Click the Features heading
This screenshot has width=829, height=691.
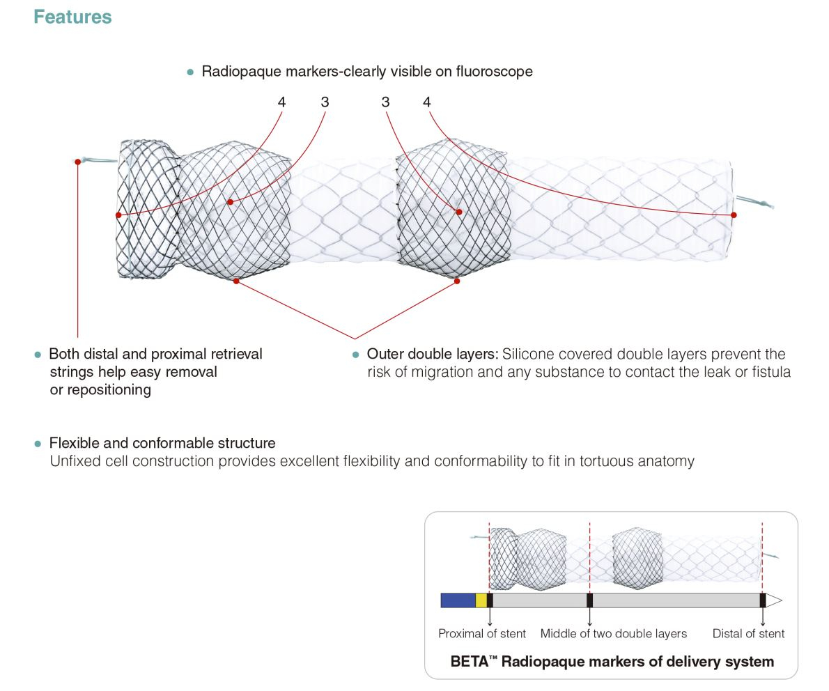point(72,17)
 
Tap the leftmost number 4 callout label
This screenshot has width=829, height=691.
point(281,102)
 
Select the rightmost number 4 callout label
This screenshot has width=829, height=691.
point(426,102)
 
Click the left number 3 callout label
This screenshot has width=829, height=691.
point(325,102)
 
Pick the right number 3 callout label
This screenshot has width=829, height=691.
point(385,102)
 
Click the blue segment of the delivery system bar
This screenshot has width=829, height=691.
point(458,600)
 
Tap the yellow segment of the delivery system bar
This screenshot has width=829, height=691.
point(481,600)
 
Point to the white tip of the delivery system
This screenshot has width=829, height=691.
point(774,600)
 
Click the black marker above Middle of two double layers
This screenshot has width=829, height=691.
point(590,600)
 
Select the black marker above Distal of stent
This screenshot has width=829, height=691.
point(763,600)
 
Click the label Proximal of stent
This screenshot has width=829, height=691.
point(481,634)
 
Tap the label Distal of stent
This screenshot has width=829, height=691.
point(748,634)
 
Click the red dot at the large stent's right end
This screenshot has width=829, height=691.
point(734,215)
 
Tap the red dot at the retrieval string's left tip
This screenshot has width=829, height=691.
point(77,162)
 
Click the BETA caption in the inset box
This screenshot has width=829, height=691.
point(612,662)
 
